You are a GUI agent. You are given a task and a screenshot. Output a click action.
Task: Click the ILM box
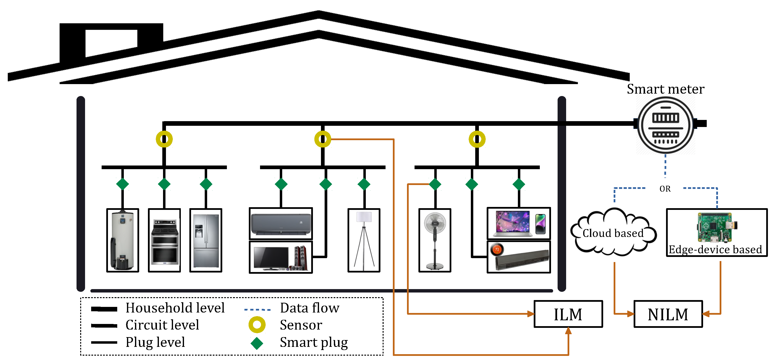tap(568, 314)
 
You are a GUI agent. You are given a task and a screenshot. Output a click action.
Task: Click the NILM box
tap(668, 314)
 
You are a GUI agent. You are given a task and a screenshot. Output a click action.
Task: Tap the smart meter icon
tap(665, 125)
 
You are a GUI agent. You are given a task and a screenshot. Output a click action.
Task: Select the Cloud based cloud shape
tap(613, 233)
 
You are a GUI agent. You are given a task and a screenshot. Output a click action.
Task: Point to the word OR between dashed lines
tap(665, 189)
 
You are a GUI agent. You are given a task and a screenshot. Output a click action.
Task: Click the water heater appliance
tap(123, 241)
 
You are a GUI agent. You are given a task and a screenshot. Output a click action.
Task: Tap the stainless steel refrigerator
tap(206, 241)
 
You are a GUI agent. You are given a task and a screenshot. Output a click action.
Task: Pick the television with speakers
tap(281, 257)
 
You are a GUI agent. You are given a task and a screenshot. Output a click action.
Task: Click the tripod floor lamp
tap(364, 241)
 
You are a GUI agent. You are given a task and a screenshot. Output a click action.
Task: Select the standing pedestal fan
tap(435, 241)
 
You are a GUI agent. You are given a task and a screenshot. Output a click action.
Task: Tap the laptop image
tap(513, 223)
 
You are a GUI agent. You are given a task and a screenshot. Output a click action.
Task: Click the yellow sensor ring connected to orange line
tap(323, 139)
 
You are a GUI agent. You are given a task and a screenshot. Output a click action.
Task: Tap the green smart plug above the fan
tap(435, 184)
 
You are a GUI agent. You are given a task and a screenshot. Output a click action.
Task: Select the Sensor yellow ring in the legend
tap(257, 325)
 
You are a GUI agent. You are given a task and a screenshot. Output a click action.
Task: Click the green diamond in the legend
tap(257, 343)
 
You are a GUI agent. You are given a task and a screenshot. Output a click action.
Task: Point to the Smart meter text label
tap(665, 89)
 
